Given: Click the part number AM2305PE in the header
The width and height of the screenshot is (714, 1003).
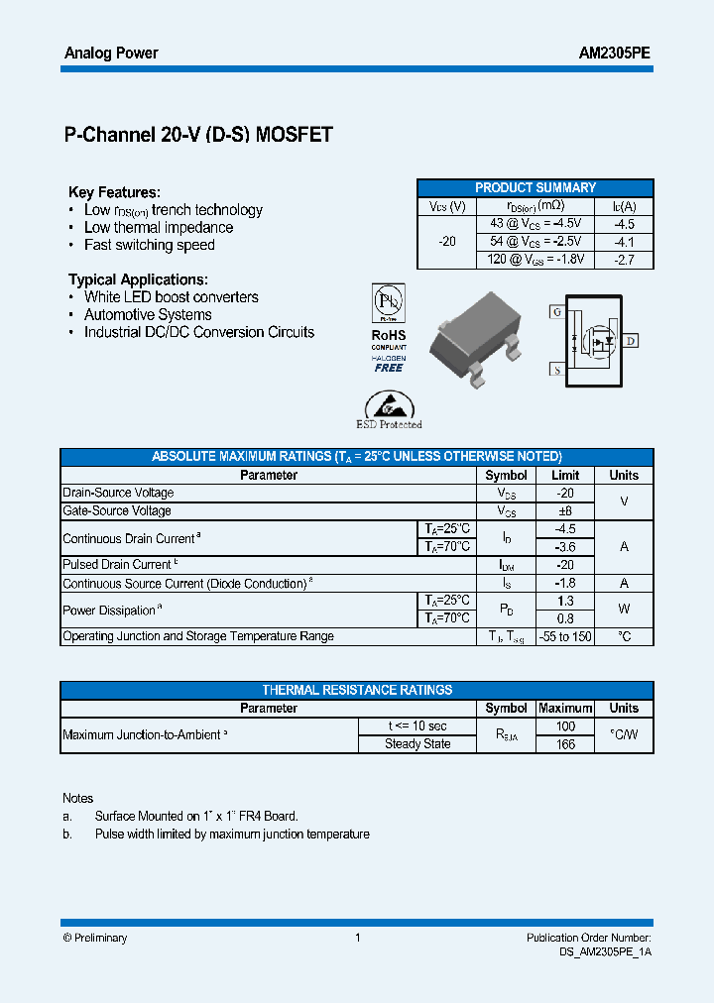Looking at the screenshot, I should click(614, 54).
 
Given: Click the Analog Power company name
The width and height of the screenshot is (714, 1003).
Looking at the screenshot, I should click(111, 54).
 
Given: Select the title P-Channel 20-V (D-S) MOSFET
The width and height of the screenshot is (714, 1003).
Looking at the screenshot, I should click(197, 136).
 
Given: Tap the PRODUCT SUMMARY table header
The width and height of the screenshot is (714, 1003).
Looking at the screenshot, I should click(535, 188).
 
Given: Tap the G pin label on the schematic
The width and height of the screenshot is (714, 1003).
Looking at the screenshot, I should click(555, 311).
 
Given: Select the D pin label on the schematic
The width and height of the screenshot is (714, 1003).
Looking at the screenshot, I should click(631, 341).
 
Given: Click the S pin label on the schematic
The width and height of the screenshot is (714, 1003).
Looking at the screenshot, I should click(555, 370).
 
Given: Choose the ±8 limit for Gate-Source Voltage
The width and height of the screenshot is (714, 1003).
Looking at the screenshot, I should click(565, 511).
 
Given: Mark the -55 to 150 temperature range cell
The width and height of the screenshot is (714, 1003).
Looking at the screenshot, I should click(565, 636).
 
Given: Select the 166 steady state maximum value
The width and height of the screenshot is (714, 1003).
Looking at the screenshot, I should click(565, 744).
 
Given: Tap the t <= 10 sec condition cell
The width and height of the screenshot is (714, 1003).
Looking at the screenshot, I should click(417, 726).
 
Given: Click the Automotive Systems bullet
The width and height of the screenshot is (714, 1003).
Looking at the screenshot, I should click(148, 315).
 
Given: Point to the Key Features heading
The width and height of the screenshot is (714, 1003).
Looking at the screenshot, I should click(114, 192).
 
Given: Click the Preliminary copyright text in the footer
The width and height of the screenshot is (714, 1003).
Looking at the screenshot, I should click(95, 938).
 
